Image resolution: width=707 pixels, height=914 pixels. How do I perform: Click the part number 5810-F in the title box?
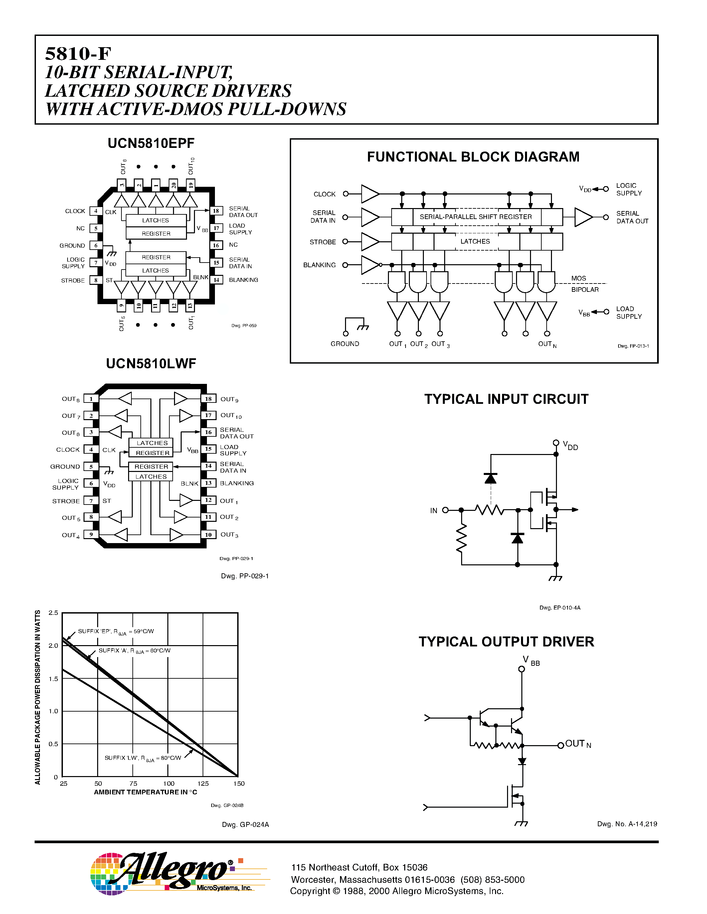click(x=78, y=54)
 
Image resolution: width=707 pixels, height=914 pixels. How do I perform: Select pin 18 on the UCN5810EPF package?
click(x=216, y=211)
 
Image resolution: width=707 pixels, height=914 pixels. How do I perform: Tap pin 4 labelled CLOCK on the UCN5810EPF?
click(x=96, y=211)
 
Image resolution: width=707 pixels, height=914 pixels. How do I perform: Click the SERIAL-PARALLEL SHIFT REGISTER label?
click(x=475, y=217)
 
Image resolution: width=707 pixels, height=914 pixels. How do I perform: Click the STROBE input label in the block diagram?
click(x=322, y=242)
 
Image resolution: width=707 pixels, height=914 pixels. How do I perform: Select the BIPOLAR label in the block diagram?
click(x=585, y=289)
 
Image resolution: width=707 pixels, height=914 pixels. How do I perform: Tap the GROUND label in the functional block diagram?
click(x=345, y=344)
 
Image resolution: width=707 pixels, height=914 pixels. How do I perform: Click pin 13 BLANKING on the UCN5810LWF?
click(x=208, y=483)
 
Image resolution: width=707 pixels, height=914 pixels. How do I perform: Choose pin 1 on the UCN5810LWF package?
click(x=91, y=399)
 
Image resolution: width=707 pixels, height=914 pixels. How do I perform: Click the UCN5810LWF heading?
click(x=151, y=363)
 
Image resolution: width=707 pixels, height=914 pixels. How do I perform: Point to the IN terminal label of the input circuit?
click(x=434, y=511)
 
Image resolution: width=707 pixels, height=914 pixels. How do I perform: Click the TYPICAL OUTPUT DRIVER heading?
click(x=506, y=641)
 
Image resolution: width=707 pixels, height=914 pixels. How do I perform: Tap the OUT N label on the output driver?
click(x=578, y=744)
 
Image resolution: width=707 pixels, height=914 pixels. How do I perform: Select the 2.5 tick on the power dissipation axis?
click(x=53, y=613)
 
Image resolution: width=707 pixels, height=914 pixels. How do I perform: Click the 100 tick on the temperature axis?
click(x=168, y=783)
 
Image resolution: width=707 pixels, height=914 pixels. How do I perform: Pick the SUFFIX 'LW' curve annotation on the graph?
click(x=142, y=758)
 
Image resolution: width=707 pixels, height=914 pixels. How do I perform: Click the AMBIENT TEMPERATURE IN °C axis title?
click(x=145, y=792)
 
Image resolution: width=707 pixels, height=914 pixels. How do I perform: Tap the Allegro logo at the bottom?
click(x=172, y=873)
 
